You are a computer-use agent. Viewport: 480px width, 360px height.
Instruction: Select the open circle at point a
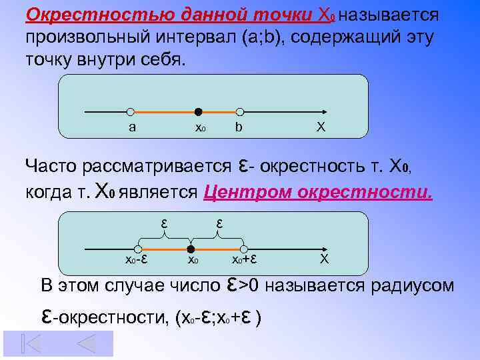tap(131, 112)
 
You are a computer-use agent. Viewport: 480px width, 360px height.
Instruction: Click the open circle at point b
tap(240, 112)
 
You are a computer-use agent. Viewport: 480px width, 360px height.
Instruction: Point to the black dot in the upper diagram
tap(198, 112)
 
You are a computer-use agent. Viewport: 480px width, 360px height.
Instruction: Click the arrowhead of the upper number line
tap(323, 112)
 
